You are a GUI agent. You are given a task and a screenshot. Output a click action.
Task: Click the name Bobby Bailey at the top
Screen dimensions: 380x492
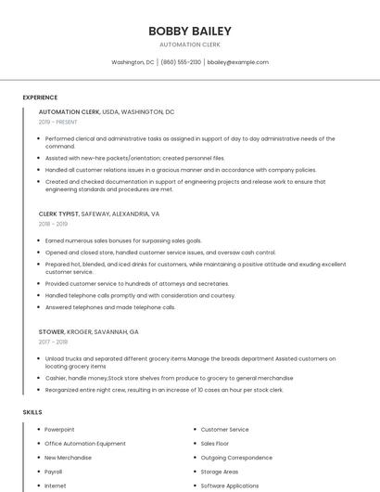click(x=190, y=32)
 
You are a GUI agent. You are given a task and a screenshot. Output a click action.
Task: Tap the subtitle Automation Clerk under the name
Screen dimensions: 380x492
click(x=190, y=45)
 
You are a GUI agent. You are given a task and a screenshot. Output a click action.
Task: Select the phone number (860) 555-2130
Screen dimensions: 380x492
click(x=181, y=62)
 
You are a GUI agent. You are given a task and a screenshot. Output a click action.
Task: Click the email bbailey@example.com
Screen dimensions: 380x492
click(x=238, y=62)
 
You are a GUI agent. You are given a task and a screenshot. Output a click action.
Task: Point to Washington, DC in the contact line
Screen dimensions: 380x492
click(x=133, y=62)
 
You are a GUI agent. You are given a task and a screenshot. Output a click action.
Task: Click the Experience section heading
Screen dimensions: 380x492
click(x=40, y=97)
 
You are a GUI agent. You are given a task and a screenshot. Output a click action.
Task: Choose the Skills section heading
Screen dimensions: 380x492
click(x=32, y=411)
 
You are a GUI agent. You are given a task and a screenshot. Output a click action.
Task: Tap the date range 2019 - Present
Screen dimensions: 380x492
click(x=57, y=122)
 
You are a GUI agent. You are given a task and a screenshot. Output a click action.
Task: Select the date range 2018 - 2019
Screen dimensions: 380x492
click(x=53, y=224)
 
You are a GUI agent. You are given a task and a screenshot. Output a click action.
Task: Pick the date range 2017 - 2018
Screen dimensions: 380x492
click(x=53, y=342)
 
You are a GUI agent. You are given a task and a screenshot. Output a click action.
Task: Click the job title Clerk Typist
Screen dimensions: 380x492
click(x=58, y=214)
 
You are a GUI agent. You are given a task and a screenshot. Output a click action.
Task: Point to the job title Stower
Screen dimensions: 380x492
click(x=52, y=331)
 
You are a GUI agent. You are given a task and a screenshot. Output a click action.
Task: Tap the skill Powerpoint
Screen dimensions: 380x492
click(x=59, y=430)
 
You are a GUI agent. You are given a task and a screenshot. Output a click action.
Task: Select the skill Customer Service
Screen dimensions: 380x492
click(x=224, y=430)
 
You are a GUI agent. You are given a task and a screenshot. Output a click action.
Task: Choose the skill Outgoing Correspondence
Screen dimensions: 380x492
click(x=236, y=458)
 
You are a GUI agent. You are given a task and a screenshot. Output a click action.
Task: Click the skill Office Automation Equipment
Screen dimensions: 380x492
click(x=85, y=444)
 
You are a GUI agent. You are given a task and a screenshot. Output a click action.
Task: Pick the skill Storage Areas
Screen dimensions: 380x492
click(x=220, y=472)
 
